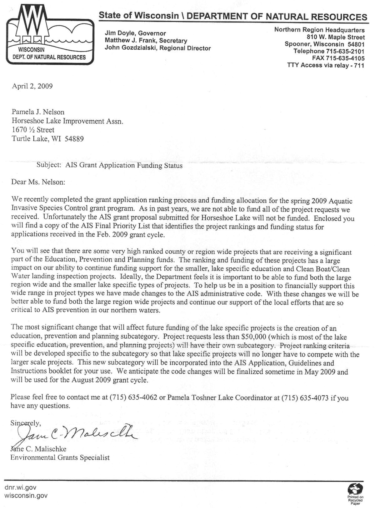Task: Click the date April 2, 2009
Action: (32, 86)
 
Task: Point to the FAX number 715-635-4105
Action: (345, 58)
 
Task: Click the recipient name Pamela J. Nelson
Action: (38, 112)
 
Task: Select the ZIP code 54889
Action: (74, 139)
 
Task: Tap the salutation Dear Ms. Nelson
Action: (38, 182)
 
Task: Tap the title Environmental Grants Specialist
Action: (60, 458)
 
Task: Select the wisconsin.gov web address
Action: (26, 496)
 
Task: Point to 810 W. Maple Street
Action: (336, 37)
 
